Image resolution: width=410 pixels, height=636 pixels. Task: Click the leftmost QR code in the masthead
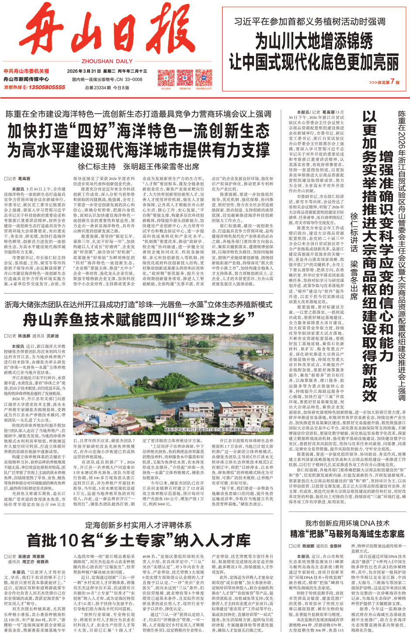[x=165, y=78]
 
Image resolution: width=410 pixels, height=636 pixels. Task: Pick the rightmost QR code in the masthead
[x=204, y=78]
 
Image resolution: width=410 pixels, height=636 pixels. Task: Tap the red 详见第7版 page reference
[x=384, y=82]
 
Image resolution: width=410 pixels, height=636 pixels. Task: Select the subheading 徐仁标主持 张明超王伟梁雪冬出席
[x=139, y=166]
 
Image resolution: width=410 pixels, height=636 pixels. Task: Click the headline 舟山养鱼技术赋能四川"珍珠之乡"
[x=139, y=319]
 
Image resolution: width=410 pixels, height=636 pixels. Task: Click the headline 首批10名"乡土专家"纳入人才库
[x=139, y=540]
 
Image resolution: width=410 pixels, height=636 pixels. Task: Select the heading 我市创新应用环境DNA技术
[x=347, y=523]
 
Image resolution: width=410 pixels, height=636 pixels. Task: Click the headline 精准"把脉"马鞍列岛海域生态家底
[x=347, y=534]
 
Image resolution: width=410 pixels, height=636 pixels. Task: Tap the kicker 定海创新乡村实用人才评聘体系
[x=139, y=525]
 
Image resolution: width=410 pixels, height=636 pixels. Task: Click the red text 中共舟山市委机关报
[x=26, y=71]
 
